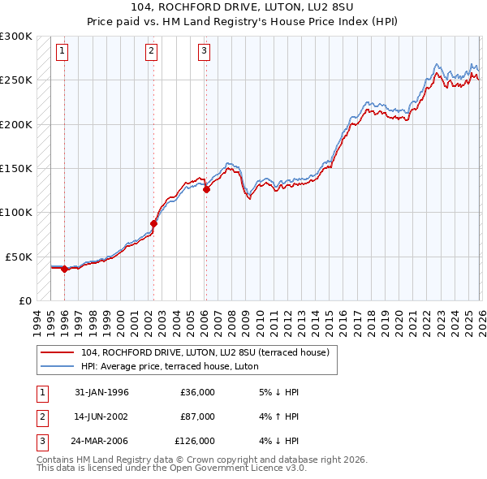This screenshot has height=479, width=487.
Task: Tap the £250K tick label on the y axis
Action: coord(16,80)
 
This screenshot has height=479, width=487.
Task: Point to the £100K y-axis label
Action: coord(16,212)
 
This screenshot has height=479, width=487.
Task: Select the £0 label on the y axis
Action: coord(24,300)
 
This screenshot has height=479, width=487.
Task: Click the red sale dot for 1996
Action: coord(64,270)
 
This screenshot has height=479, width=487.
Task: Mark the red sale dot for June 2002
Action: coord(153,223)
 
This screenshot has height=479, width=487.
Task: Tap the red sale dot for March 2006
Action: coord(205,189)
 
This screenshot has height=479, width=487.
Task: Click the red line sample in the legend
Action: coord(58,352)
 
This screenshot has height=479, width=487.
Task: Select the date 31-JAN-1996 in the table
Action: coord(101,392)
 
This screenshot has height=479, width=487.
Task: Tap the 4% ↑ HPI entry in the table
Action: coord(278,416)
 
